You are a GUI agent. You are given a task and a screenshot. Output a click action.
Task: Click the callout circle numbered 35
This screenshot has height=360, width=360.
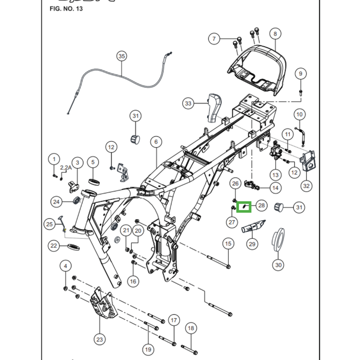[x=122, y=56]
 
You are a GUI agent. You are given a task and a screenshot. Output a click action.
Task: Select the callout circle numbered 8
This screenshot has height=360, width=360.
[x=275, y=33]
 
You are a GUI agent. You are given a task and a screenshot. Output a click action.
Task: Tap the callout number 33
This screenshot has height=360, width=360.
[x=189, y=104]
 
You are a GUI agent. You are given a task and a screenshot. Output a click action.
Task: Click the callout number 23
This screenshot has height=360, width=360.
[x=99, y=339]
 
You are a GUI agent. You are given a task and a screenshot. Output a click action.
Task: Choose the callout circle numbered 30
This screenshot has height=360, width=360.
[x=279, y=265]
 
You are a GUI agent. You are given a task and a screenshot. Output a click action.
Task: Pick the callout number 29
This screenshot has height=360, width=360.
[x=252, y=244]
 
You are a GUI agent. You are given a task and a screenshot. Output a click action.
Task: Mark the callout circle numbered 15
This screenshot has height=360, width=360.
[x=228, y=243]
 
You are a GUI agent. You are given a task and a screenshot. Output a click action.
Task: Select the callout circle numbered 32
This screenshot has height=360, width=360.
[x=306, y=185]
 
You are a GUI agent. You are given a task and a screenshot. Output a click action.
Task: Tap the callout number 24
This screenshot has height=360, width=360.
[x=56, y=202]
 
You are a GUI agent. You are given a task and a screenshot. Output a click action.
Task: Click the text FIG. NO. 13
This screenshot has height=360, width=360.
[x=63, y=9]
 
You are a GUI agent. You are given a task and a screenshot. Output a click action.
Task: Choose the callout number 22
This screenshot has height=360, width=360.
[x=54, y=246]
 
